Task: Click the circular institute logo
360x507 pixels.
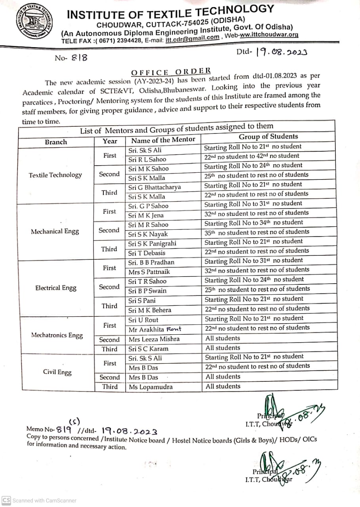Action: click(x=34, y=24)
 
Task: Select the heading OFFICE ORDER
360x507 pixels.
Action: click(x=171, y=72)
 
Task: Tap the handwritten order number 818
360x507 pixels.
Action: click(x=79, y=58)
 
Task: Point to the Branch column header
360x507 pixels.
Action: click(x=56, y=142)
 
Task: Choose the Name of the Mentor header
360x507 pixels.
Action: click(x=163, y=140)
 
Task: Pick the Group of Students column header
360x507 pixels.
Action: click(x=268, y=137)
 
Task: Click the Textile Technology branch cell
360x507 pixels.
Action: click(x=55, y=175)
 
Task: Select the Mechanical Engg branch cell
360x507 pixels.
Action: click(x=55, y=232)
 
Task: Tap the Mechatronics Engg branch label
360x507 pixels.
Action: click(x=57, y=335)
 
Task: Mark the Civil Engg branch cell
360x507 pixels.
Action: click(x=57, y=372)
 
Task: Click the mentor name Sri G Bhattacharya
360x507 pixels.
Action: click(x=154, y=187)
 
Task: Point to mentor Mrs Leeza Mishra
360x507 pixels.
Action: click(x=154, y=339)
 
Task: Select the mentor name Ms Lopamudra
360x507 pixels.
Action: click(x=150, y=387)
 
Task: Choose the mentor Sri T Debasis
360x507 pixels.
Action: click(x=147, y=253)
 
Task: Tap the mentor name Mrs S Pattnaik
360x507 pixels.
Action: click(x=149, y=272)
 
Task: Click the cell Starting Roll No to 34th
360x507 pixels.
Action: click(x=253, y=223)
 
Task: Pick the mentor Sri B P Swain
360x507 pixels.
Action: click(x=147, y=291)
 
